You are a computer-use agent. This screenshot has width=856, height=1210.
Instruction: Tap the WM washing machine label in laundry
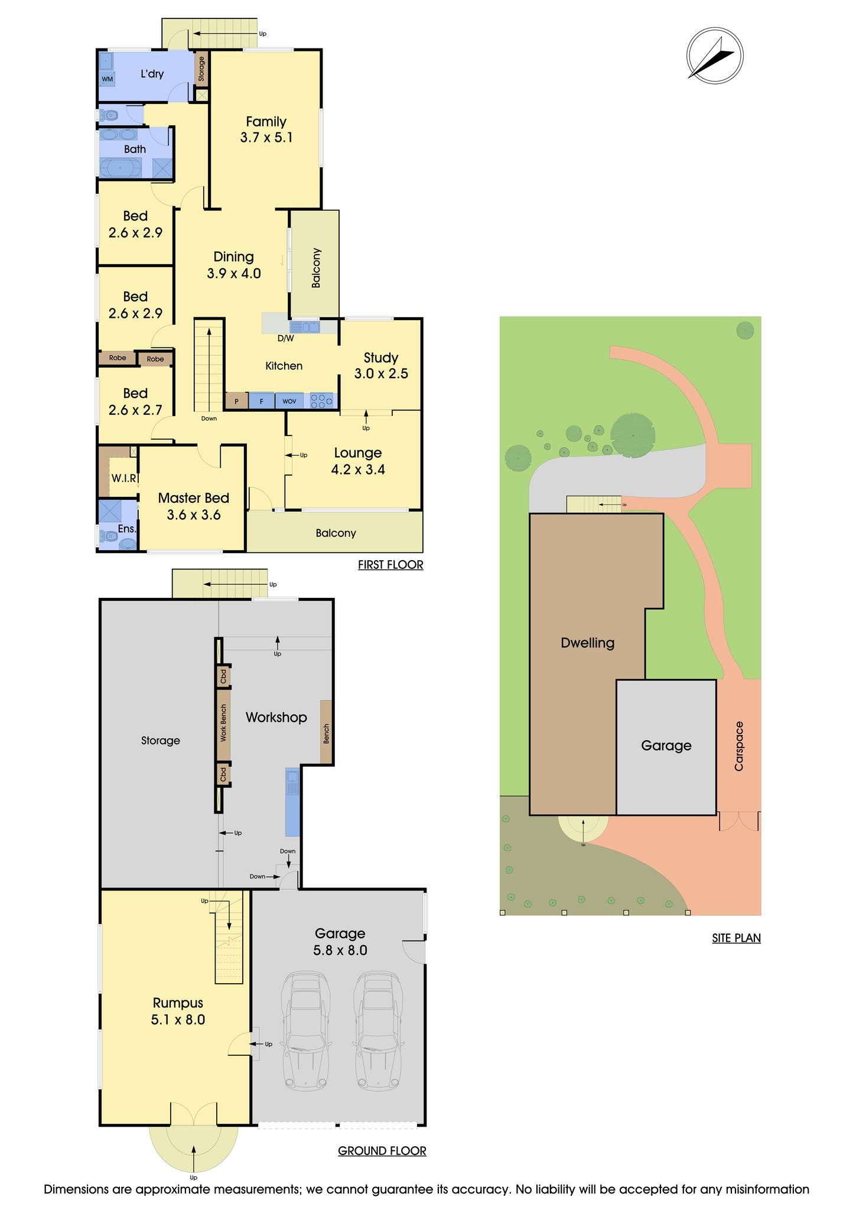click(107, 79)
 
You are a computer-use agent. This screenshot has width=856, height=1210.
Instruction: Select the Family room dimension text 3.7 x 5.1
click(266, 138)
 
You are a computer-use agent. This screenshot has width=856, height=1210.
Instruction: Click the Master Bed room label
click(193, 498)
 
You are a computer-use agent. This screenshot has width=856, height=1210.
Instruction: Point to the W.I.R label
click(124, 478)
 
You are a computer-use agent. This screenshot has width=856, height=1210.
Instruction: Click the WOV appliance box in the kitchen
click(289, 401)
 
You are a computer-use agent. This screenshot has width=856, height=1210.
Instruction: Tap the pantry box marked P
click(237, 401)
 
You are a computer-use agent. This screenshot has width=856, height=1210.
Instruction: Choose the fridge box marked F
click(261, 401)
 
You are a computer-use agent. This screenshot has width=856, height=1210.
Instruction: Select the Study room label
click(380, 357)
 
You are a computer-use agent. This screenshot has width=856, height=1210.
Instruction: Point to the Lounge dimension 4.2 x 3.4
click(358, 470)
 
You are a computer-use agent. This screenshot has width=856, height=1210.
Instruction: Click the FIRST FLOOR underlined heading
click(390, 565)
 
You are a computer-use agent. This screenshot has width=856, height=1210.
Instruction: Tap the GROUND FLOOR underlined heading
click(382, 1150)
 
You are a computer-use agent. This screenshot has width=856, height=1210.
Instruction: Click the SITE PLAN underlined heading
click(736, 938)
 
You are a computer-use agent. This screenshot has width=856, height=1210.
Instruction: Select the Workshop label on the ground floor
click(276, 717)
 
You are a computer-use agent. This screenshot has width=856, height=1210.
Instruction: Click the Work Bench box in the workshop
click(223, 723)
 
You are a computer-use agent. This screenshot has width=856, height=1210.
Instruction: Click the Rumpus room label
click(178, 1003)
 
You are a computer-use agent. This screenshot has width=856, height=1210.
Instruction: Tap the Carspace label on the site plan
click(739, 746)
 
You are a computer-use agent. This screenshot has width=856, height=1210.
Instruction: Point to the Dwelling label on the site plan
click(587, 643)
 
